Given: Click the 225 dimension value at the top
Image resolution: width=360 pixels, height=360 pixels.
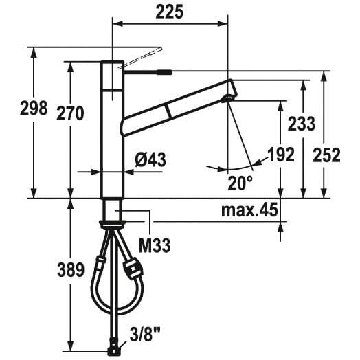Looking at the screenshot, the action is click(x=170, y=12).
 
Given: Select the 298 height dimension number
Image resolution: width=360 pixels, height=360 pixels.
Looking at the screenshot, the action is click(x=34, y=108).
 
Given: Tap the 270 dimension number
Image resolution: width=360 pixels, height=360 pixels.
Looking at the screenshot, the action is click(x=70, y=113).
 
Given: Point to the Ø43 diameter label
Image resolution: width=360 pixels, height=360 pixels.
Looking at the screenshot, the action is click(x=150, y=159).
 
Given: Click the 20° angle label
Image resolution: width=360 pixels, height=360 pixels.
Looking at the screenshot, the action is click(x=240, y=183).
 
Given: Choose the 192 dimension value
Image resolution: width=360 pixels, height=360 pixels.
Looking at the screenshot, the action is click(x=281, y=155).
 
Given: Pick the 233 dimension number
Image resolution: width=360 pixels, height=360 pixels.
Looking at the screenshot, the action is click(x=302, y=124).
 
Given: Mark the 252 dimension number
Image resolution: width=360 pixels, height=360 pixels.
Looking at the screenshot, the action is click(x=326, y=155).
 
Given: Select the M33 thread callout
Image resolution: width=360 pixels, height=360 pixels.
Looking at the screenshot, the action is click(x=155, y=246).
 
